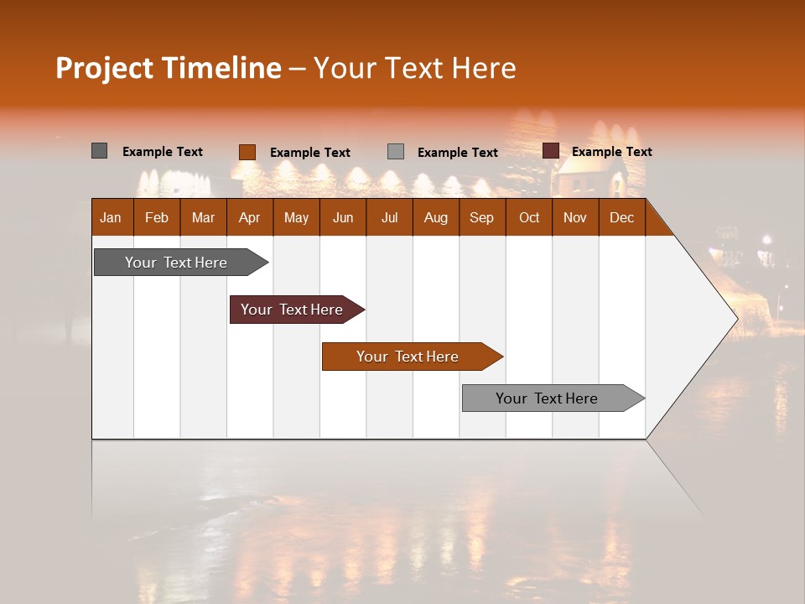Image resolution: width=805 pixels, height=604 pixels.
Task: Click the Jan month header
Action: (111, 217)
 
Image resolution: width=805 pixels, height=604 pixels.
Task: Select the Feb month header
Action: (157, 217)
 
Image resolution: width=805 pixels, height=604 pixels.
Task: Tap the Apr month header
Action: (249, 217)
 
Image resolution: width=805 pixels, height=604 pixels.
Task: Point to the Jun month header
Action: (343, 217)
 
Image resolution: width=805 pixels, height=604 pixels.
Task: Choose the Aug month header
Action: (435, 217)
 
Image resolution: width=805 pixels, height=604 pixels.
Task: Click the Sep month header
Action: (481, 217)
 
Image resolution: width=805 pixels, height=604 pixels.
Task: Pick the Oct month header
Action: (529, 217)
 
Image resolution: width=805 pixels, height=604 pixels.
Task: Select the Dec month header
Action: (621, 217)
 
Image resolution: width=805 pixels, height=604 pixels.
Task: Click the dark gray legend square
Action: (100, 151)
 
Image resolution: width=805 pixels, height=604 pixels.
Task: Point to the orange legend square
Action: (247, 152)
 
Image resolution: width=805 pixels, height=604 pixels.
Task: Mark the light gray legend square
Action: (396, 152)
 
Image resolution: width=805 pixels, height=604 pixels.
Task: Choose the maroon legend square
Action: (551, 151)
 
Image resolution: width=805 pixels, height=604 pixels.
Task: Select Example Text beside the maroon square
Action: (611, 152)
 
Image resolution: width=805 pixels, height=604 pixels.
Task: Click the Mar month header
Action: (203, 217)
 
